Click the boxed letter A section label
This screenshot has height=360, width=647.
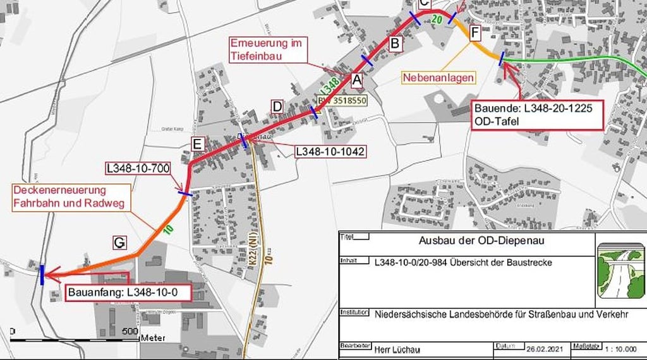(356, 80)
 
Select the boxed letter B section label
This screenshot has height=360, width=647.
(394, 44)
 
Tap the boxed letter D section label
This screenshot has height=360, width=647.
(277, 106)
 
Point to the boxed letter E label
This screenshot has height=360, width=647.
(198, 145)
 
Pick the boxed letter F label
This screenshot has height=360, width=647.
(475, 31)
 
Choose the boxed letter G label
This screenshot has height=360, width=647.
(119, 241)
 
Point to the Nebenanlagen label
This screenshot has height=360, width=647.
(438, 77)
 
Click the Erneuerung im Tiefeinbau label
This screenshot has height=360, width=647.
(264, 50)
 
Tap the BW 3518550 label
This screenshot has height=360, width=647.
(342, 100)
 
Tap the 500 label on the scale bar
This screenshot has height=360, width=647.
(130, 331)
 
